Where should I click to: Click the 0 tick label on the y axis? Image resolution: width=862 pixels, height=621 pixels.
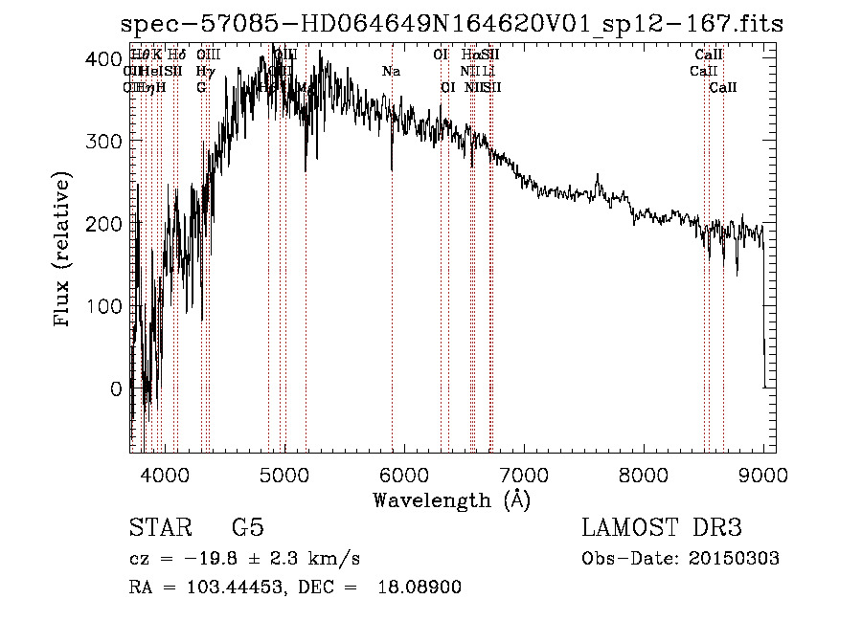point(114,388)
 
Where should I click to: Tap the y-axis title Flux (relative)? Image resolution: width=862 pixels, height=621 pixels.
point(64,251)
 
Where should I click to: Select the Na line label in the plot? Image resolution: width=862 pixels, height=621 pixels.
point(391,72)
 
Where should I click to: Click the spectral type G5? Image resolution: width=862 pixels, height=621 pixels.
point(248,528)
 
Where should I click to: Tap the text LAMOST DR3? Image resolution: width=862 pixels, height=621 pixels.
point(662,528)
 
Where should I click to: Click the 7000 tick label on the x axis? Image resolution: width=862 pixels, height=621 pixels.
point(523,473)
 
